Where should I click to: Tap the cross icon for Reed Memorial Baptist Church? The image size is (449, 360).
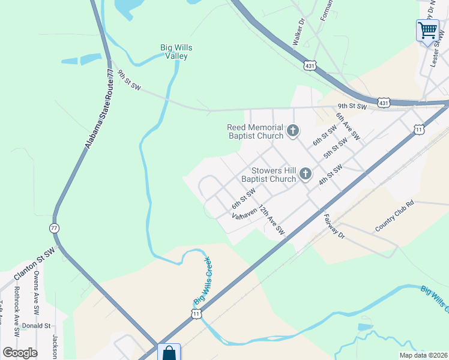[292, 130]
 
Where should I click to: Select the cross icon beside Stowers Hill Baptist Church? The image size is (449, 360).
[305, 174]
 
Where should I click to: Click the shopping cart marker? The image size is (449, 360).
[427, 30]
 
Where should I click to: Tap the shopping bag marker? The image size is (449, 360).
[168, 353]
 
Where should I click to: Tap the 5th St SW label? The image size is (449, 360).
[335, 148]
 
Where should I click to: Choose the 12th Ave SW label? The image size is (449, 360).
[271, 220]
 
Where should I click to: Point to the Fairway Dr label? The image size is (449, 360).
[334, 225]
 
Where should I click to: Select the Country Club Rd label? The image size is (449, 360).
[394, 216]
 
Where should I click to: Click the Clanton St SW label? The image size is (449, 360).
[34, 263]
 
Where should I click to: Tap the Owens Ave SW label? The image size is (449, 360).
[37, 293]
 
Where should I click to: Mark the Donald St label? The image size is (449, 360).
[36, 326]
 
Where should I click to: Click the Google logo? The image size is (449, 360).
[20, 353]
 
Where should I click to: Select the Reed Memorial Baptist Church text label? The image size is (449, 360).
[255, 131]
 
